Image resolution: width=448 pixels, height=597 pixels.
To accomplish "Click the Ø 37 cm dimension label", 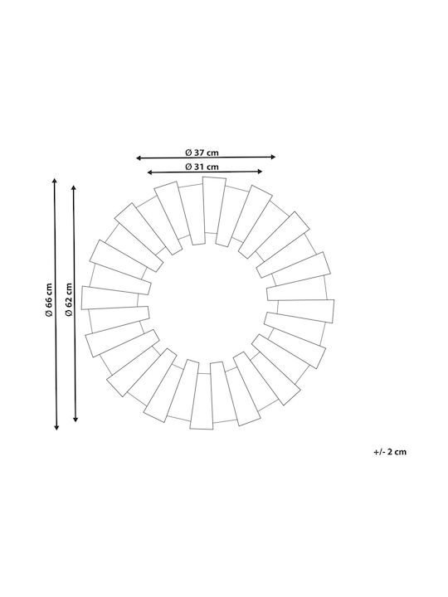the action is [202, 153].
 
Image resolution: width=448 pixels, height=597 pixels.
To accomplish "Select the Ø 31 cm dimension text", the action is [202, 167].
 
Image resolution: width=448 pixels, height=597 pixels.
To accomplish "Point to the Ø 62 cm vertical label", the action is [69, 299].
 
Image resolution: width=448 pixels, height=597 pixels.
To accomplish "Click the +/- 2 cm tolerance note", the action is [390, 452].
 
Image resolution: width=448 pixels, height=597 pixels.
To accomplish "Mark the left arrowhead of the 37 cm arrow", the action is [139, 158].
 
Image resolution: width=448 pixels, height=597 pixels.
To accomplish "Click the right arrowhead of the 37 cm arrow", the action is [273, 157].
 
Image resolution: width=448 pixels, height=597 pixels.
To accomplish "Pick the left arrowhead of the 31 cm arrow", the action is [150, 172].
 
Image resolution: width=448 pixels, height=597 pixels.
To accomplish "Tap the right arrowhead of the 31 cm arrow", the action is [260, 172].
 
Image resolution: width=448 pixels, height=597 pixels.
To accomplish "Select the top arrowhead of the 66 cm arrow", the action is [55, 181].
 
